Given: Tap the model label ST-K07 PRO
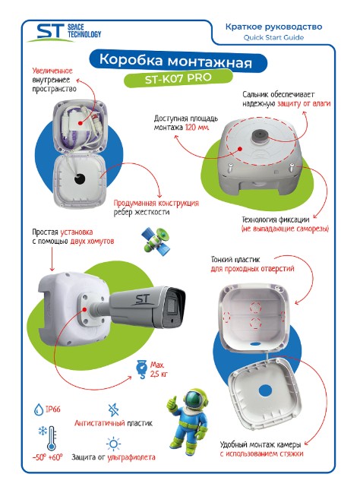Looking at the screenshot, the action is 178,78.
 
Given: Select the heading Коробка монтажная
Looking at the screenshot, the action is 175,60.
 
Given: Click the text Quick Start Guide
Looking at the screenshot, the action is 273,37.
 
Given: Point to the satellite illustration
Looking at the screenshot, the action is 156,241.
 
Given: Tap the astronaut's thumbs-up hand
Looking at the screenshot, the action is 172,403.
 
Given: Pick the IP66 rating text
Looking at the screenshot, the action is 53,409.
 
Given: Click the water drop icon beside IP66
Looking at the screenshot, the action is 39,409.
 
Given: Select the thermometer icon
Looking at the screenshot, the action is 52,438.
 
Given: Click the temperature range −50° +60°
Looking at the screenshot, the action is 48,457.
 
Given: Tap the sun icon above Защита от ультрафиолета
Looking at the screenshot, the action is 113,444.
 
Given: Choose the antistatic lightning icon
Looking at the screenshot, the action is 113,410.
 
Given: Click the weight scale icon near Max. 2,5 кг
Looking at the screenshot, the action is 142,369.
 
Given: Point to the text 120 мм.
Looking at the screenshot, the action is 197,128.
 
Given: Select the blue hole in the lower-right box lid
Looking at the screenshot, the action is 265,391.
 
